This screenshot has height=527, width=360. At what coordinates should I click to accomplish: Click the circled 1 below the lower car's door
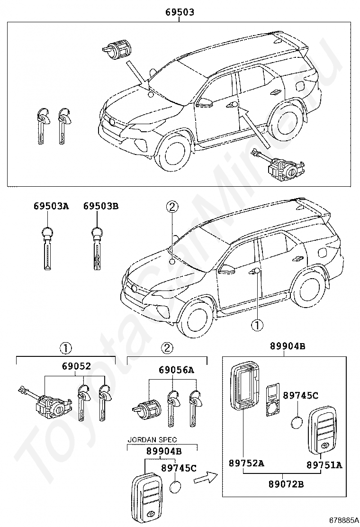(x=256, y=325)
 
